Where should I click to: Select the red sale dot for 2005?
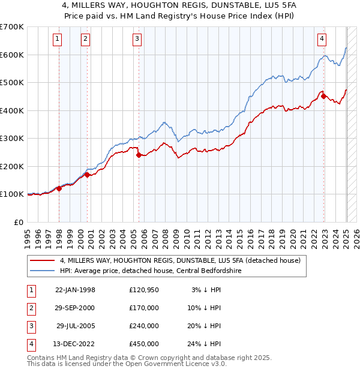(139, 155)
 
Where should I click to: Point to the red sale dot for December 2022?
(323, 96)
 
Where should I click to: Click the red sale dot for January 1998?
(59, 188)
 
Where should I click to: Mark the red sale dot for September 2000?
(87, 175)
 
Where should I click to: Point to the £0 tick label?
(19, 222)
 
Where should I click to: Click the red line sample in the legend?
(43, 261)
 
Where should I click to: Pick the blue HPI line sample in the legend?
(43, 271)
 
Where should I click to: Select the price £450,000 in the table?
(144, 344)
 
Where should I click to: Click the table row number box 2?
(31, 308)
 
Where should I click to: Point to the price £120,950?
(144, 290)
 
